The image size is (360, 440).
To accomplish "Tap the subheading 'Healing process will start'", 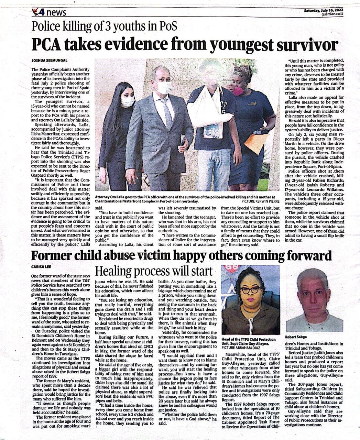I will (x=154, y=271).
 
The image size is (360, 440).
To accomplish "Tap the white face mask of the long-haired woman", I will (x=128, y=101).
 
